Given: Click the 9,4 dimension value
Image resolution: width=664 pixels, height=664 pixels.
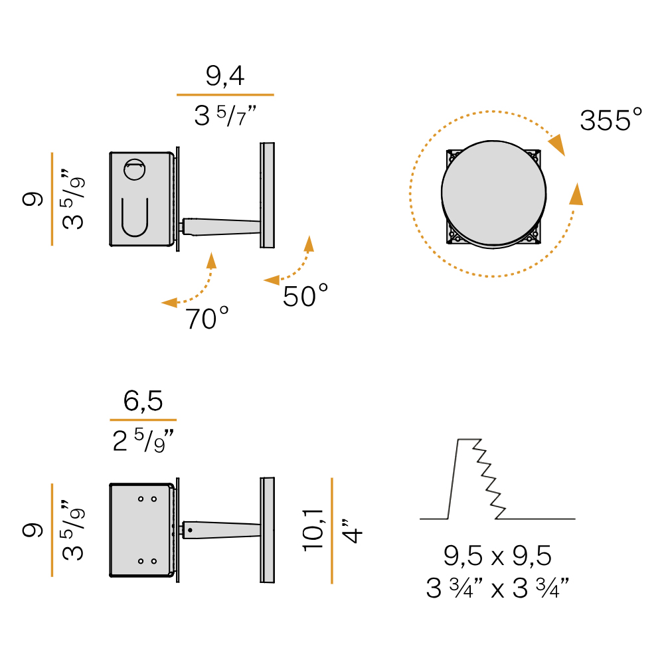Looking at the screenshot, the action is pyautogui.click(x=225, y=76).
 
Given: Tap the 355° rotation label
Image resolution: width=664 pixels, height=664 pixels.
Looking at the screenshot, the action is pyautogui.click(x=611, y=120).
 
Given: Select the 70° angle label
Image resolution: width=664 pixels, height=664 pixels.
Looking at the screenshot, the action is pyautogui.click(x=207, y=319).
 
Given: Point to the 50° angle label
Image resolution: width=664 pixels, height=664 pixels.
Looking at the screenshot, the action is pyautogui.click(x=305, y=295).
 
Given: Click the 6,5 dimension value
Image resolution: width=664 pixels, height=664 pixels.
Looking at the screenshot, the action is pyautogui.click(x=143, y=400).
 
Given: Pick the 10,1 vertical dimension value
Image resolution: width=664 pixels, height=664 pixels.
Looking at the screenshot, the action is pyautogui.click(x=313, y=530).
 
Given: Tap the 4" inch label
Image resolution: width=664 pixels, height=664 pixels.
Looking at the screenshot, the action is pyautogui.click(x=351, y=531).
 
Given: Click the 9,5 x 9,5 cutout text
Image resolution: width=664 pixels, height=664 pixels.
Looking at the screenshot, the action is pyautogui.click(x=497, y=556).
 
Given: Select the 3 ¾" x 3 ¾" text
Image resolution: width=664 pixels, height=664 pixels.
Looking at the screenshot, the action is pyautogui.click(x=497, y=588).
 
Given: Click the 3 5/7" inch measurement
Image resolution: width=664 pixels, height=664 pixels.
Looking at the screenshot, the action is pyautogui.click(x=225, y=115).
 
